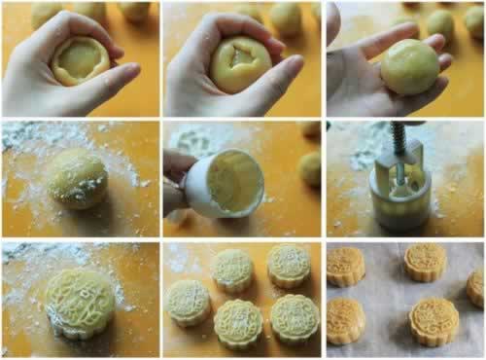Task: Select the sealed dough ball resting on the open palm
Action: coord(408,66)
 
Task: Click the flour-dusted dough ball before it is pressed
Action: coord(78,177)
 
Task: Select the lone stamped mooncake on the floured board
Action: coord(80,302)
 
